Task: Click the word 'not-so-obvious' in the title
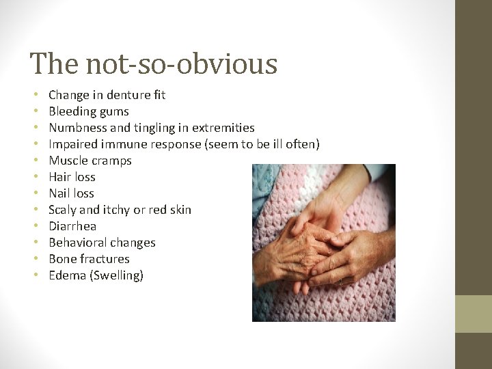pos(182,64)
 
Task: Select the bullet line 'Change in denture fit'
pos(107,95)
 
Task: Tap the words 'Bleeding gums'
pos(89,111)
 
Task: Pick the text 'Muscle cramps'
pos(90,161)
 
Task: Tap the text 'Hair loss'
pos(72,177)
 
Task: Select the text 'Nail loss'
pos(71,193)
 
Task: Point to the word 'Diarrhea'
pos(72,226)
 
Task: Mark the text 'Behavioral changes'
pos(102,243)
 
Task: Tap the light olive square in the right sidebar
pos(474,314)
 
